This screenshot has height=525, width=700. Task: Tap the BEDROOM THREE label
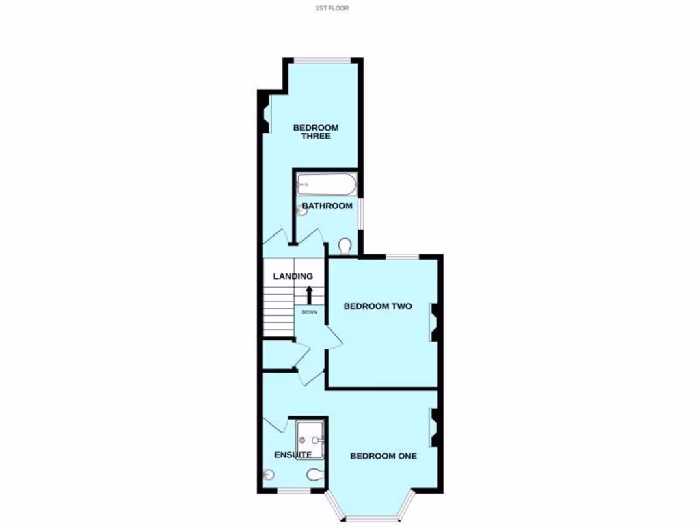(316, 132)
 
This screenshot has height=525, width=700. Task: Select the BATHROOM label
(327, 206)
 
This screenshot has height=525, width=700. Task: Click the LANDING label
(293, 276)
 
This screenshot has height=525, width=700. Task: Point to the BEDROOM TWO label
(377, 306)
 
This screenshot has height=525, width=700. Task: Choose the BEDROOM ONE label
(383, 456)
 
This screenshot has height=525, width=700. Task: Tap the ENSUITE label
(293, 455)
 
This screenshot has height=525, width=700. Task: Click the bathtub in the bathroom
(326, 184)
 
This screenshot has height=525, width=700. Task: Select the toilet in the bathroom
(345, 245)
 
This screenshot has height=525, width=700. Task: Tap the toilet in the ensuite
(314, 475)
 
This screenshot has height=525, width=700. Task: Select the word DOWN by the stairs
(309, 312)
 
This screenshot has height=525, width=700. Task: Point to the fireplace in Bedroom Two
(433, 321)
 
